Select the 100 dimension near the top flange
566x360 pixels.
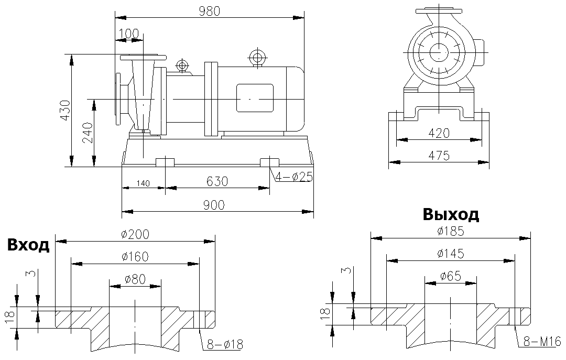[129, 34]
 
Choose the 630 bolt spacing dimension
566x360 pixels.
[217, 181]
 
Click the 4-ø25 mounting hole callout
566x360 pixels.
[293, 177]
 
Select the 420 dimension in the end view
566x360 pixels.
[439, 133]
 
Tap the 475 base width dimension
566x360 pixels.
[439, 156]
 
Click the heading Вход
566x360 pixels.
[28, 245]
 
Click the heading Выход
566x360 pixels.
[451, 214]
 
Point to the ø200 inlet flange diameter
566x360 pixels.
[135, 235]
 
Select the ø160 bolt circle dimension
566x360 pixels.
[135, 257]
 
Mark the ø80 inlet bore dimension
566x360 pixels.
[135, 279]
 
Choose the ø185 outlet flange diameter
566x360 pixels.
[450, 231]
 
